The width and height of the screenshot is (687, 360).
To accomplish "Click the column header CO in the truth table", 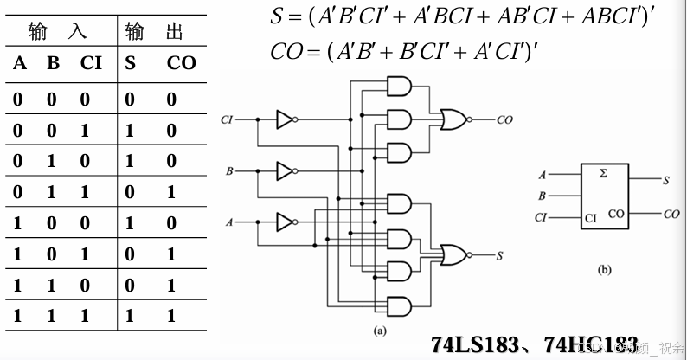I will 181,62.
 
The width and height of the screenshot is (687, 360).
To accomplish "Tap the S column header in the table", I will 130,62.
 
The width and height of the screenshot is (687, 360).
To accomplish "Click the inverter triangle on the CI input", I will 285,119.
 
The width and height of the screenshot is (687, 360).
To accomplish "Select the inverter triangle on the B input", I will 285,171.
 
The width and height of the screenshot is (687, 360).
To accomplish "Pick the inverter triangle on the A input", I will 285,223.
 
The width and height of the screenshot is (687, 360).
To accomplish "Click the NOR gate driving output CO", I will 453,119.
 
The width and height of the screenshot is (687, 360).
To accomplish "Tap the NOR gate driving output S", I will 453,254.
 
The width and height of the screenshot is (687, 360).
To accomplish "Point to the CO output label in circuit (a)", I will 504,120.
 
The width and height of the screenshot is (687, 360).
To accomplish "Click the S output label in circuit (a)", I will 501,255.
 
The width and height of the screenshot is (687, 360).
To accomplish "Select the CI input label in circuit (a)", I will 228,119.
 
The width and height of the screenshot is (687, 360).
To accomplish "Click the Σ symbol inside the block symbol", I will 603,173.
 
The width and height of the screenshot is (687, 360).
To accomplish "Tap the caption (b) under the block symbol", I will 605,270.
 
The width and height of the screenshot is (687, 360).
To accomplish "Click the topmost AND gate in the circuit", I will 400,85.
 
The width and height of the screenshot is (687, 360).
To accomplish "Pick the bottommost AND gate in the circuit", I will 400,305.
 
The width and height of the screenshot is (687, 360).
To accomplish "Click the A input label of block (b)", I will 543,175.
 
